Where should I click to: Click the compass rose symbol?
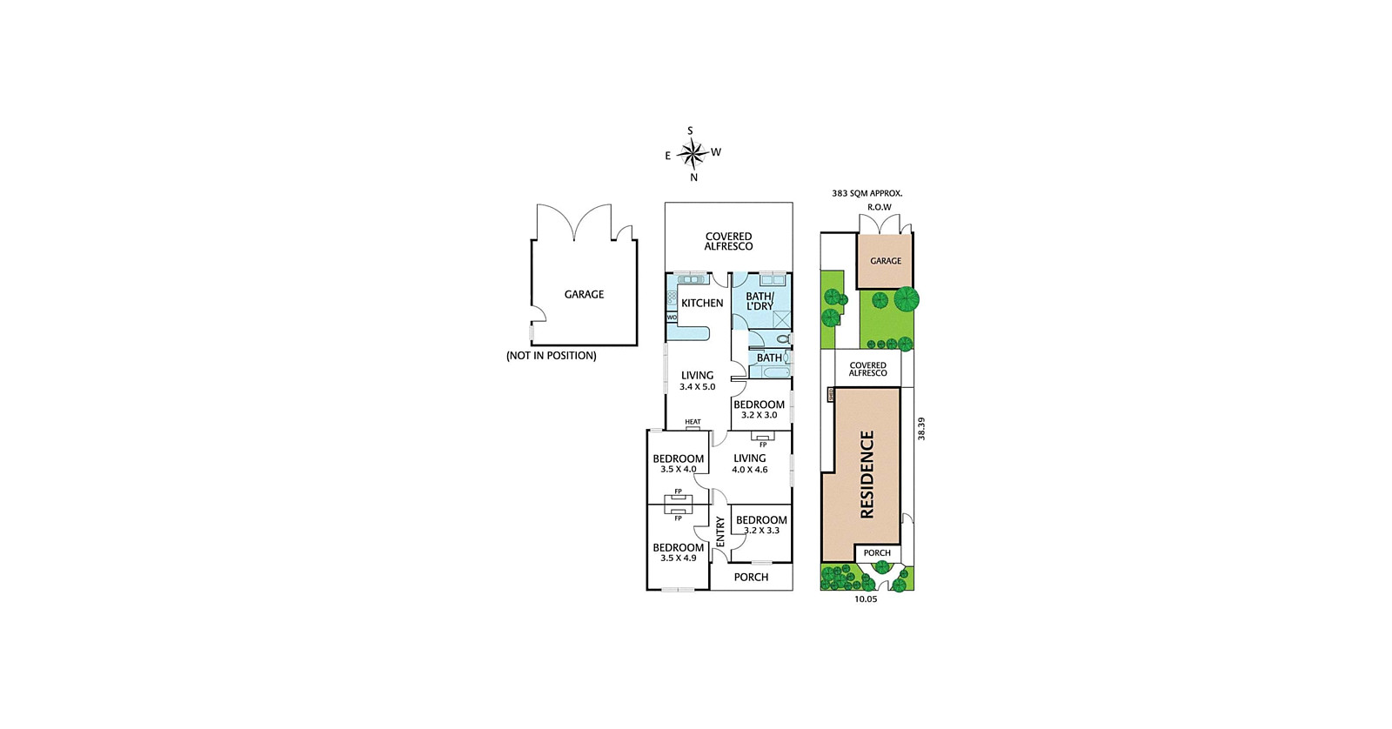692,155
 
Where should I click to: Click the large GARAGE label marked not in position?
584,294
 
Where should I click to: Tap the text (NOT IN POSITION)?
552,355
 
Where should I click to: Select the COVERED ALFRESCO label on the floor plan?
728,241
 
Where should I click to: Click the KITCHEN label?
702,303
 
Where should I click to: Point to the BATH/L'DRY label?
760,301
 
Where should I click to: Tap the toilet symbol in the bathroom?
783,338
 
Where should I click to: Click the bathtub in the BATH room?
771,372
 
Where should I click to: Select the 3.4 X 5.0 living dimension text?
697,387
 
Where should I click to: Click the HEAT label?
693,422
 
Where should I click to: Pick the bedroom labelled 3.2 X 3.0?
759,409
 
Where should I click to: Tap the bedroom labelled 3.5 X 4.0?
678,463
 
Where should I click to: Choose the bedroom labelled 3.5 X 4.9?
678,552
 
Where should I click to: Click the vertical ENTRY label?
720,532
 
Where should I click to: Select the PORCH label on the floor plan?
751,577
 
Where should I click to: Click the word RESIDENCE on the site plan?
867,474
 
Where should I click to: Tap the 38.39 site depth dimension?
921,428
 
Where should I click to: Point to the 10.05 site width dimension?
865,599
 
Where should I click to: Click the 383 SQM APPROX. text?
867,193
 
